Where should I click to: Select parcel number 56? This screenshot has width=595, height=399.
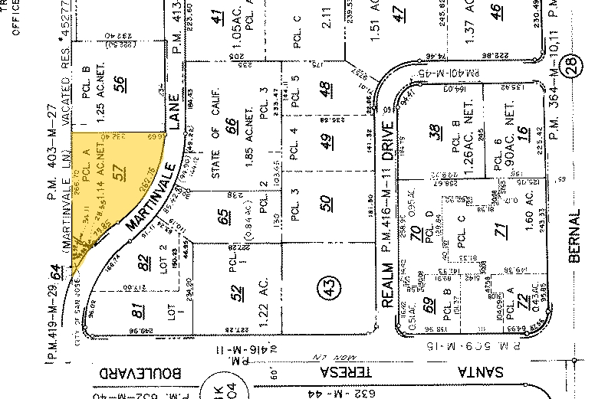pos(120,85)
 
